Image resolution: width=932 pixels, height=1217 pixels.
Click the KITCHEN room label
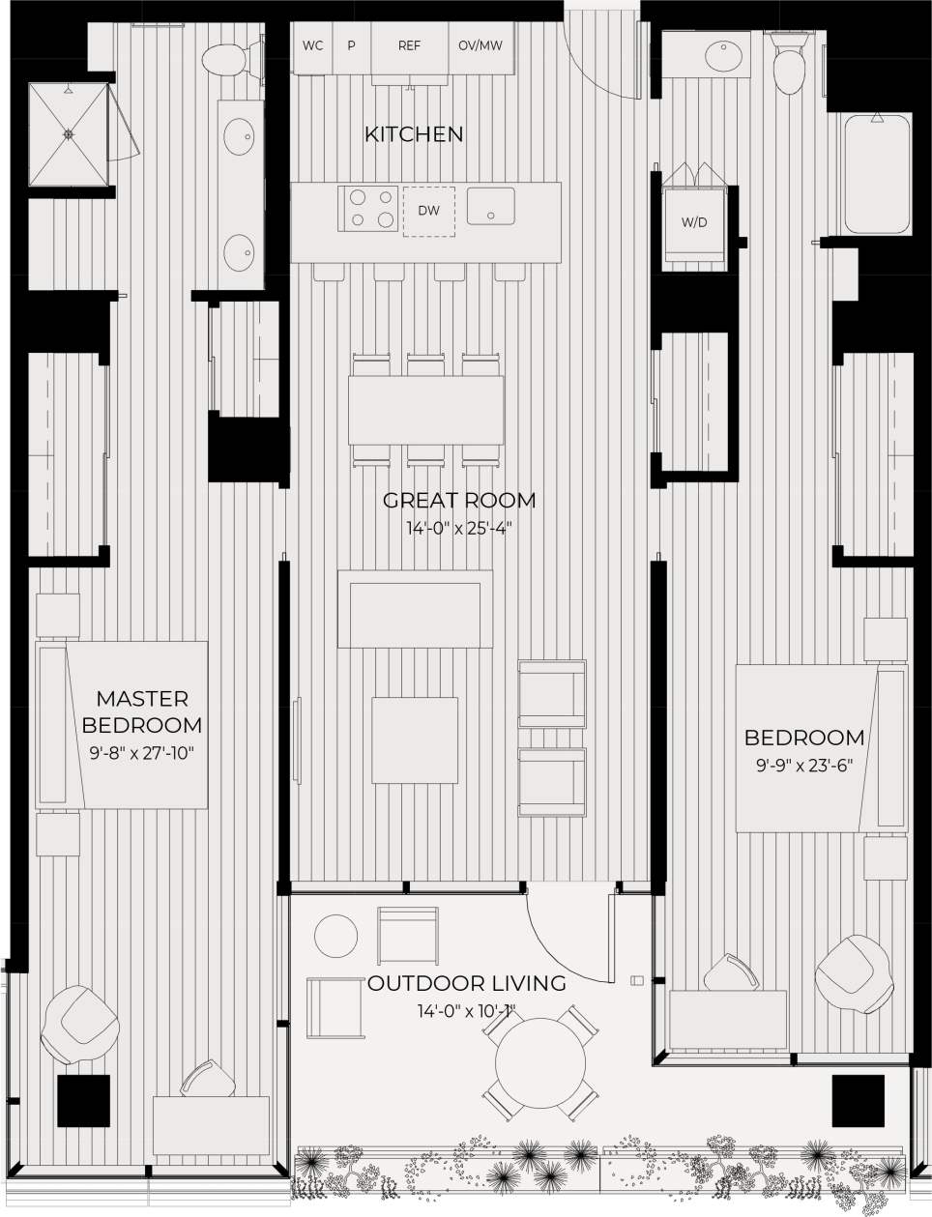tap(414, 134)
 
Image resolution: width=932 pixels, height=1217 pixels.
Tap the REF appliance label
tap(409, 45)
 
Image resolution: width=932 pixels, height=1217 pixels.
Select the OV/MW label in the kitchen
tap(480, 45)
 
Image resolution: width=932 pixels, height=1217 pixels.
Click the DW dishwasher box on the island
tap(428, 210)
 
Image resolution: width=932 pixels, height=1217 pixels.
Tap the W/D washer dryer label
tap(694, 222)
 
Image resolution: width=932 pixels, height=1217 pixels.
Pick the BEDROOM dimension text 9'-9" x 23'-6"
tap(803, 765)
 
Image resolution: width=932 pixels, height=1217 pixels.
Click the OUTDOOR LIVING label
tap(466, 984)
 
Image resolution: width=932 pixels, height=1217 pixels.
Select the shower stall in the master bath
tap(68, 134)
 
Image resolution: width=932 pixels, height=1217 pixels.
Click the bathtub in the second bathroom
tap(878, 175)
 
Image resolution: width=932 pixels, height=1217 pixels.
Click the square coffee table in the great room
tap(416, 740)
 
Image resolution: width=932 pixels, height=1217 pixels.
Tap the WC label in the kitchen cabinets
tap(312, 45)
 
